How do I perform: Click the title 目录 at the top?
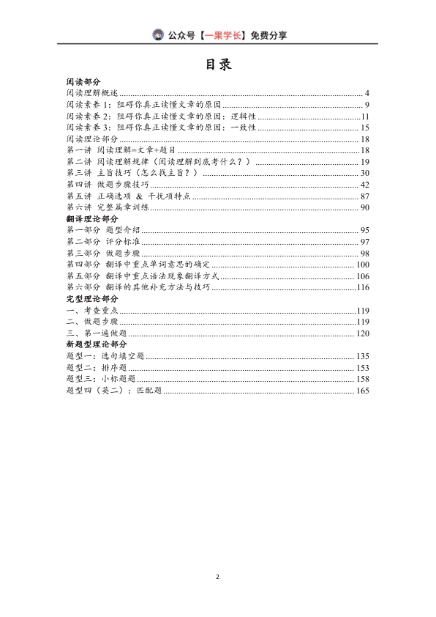218,65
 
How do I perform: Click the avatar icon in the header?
159,34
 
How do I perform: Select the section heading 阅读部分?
83,83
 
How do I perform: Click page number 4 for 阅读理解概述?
367,94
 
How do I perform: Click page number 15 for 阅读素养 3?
365,128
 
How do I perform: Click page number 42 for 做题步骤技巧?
365,184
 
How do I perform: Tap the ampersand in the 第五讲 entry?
139,196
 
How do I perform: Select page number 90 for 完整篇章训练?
365,207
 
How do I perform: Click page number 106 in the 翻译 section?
363,276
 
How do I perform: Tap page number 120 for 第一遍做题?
363,333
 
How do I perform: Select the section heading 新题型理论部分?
97,344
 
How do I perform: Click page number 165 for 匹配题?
363,390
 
